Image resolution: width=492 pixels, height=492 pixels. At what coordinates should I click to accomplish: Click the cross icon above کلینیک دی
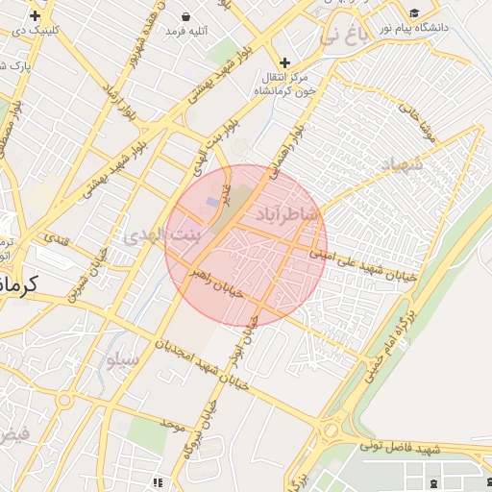[x=36, y=16]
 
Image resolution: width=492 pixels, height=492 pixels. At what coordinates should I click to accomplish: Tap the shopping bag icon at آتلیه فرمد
[x=186, y=17]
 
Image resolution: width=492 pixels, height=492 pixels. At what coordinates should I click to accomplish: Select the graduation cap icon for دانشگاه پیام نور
[x=414, y=13]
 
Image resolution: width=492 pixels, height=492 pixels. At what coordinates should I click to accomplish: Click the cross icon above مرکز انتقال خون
[x=284, y=62]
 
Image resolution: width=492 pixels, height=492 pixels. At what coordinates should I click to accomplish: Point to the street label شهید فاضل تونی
[x=400, y=447]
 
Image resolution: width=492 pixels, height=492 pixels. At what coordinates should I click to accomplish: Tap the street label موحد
[x=172, y=423]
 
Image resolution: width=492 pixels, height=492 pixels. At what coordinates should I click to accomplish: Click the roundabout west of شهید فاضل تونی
[x=335, y=430]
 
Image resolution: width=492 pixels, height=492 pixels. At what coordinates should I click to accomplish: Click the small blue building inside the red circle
[x=212, y=202]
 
